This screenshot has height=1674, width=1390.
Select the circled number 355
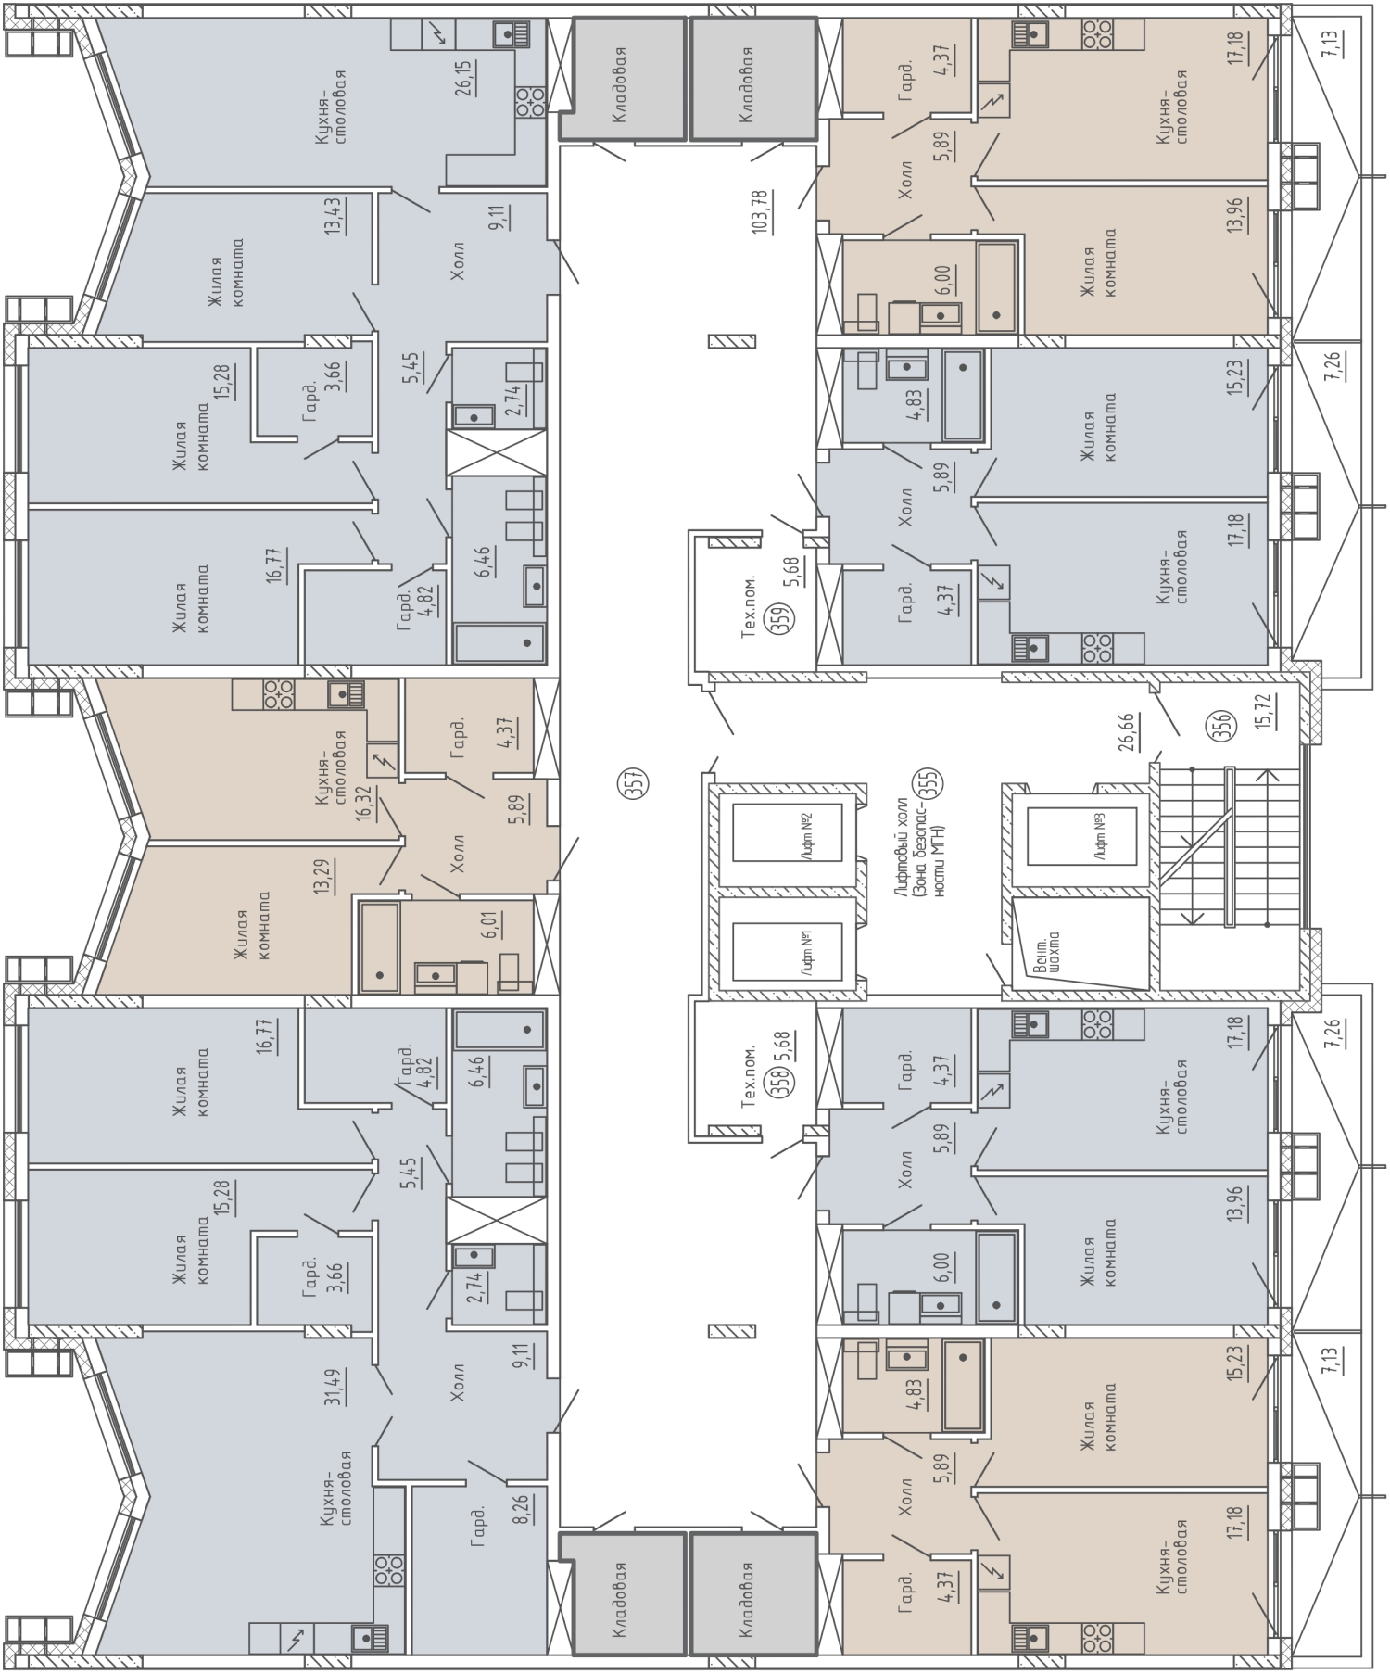tap(927, 783)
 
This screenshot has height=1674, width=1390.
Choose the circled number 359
tap(781, 618)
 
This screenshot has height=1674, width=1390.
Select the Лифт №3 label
tap(1101, 838)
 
